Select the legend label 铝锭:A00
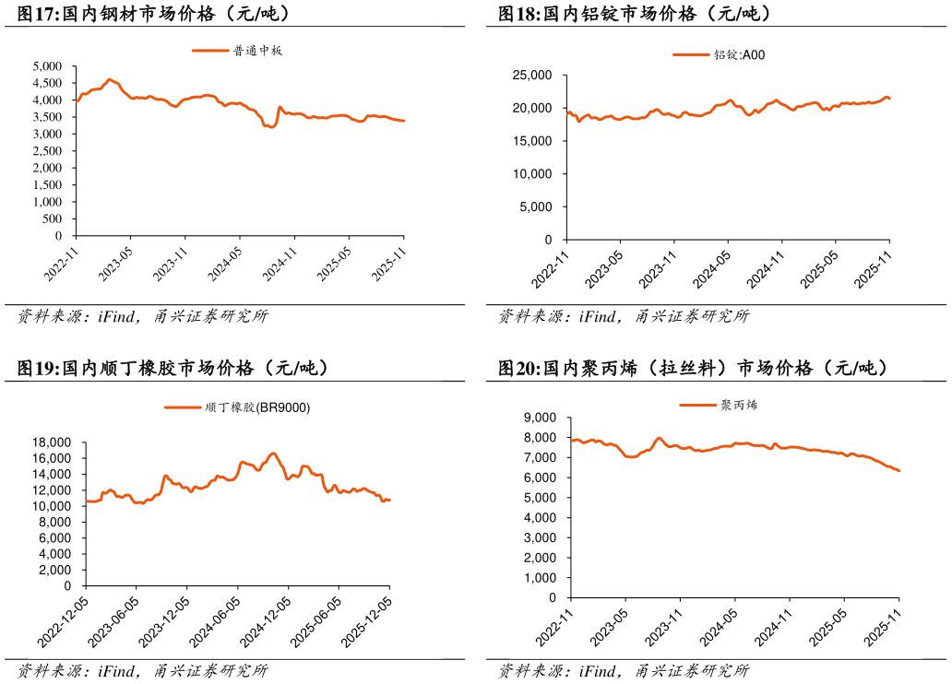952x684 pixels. point(739,55)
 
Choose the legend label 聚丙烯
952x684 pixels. point(739,405)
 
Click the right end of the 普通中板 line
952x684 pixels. point(404,121)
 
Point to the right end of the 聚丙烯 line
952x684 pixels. point(899,471)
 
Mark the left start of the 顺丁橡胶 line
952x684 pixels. point(87,501)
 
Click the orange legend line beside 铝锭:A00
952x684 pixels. point(692,55)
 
